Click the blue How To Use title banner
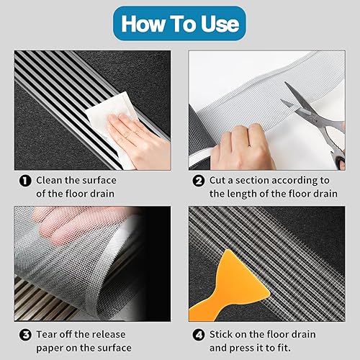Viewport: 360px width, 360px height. pyautogui.click(x=180, y=24)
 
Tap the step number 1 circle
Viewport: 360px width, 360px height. pyautogui.click(x=25, y=181)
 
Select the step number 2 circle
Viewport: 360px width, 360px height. pyautogui.click(x=199, y=181)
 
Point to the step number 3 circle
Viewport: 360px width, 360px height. pyautogui.click(x=25, y=335)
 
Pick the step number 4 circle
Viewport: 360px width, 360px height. pyautogui.click(x=199, y=335)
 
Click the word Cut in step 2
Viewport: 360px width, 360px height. pyautogui.click(x=217, y=180)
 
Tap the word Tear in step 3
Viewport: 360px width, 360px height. pyautogui.click(x=46, y=334)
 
